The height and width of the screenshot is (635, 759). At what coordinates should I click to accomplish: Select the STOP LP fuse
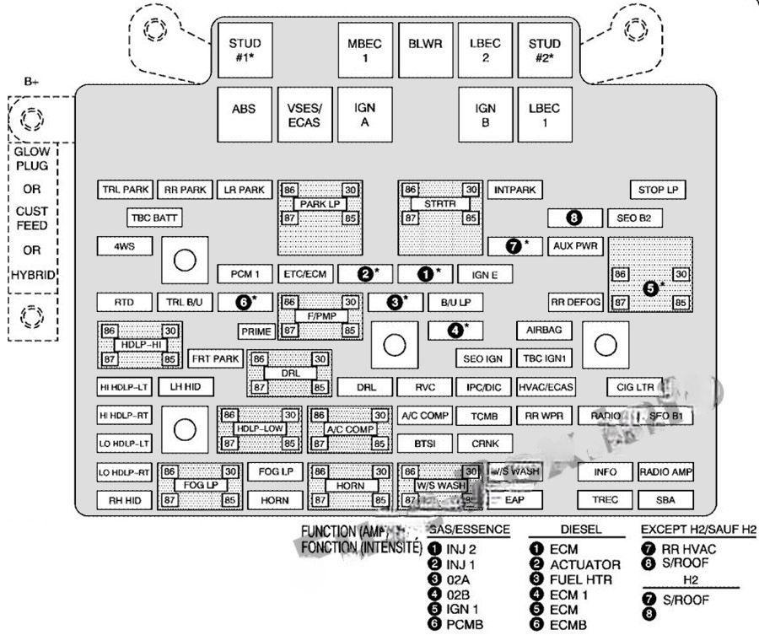point(657,191)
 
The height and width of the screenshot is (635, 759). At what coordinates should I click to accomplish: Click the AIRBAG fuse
point(543,330)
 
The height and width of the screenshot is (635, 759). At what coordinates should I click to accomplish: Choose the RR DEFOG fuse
point(575,302)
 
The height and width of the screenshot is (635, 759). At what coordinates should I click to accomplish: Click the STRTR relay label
point(439,204)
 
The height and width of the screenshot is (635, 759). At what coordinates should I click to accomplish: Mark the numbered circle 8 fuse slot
point(574,218)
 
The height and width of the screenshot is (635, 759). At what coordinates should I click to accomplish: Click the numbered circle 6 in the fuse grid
point(245,301)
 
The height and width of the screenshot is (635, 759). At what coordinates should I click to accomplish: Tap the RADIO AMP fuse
point(665,471)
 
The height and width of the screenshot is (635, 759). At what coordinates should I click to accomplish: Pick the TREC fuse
point(605,500)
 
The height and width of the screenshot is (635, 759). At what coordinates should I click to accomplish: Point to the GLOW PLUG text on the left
point(31,158)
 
